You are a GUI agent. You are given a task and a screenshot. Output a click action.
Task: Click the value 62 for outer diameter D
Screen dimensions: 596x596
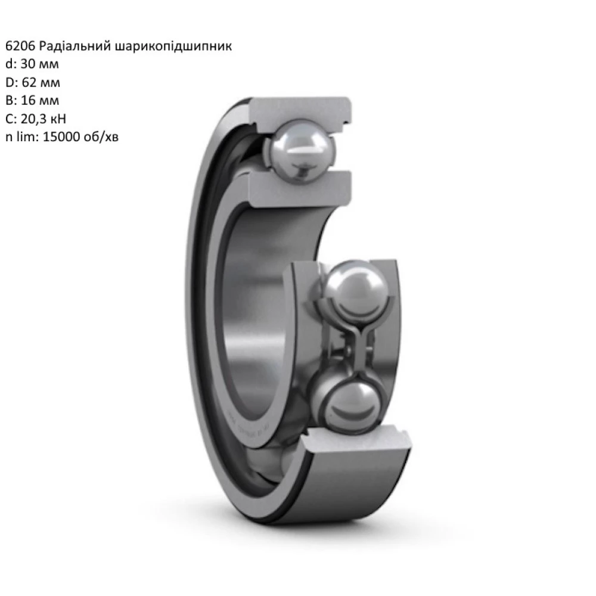pos(27,82)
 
